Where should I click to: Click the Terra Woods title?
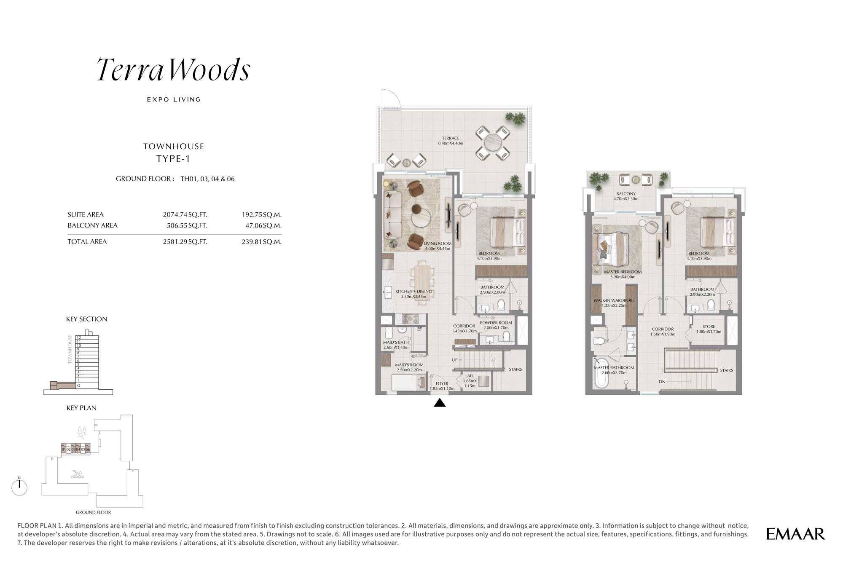174,70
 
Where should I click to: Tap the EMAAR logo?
795,534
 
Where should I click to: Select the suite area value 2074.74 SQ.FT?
185,214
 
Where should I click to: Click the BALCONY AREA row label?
93,225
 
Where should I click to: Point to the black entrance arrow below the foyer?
440,403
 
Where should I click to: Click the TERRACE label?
451,138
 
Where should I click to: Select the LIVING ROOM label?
438,244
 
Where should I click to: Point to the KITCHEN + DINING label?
413,292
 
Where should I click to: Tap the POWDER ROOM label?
496,323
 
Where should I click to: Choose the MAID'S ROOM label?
409,365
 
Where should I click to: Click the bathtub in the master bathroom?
601,373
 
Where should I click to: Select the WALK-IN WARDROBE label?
614,300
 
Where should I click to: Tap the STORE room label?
709,326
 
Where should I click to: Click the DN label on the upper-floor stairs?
662,382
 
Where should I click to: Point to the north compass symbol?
19,487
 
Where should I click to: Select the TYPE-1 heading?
173,159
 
